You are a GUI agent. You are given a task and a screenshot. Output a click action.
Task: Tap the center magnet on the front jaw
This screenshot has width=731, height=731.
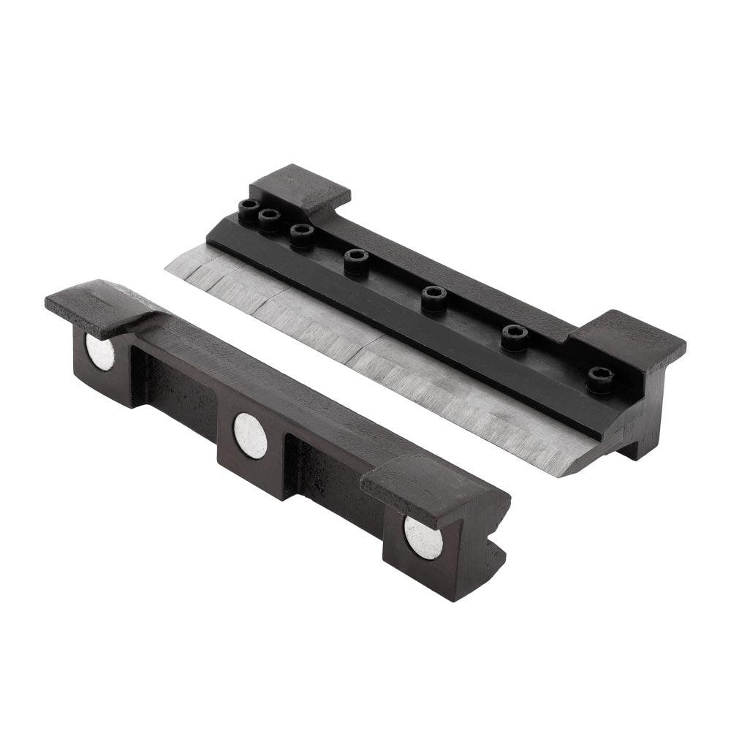tap(250, 435)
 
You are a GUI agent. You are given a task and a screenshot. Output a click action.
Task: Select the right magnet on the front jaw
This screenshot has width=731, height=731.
tap(423, 537)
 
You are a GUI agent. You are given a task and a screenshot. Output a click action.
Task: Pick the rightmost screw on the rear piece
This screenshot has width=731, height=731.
tap(599, 379)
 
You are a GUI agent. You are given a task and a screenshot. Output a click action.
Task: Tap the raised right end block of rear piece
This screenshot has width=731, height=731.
tap(627, 338)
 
